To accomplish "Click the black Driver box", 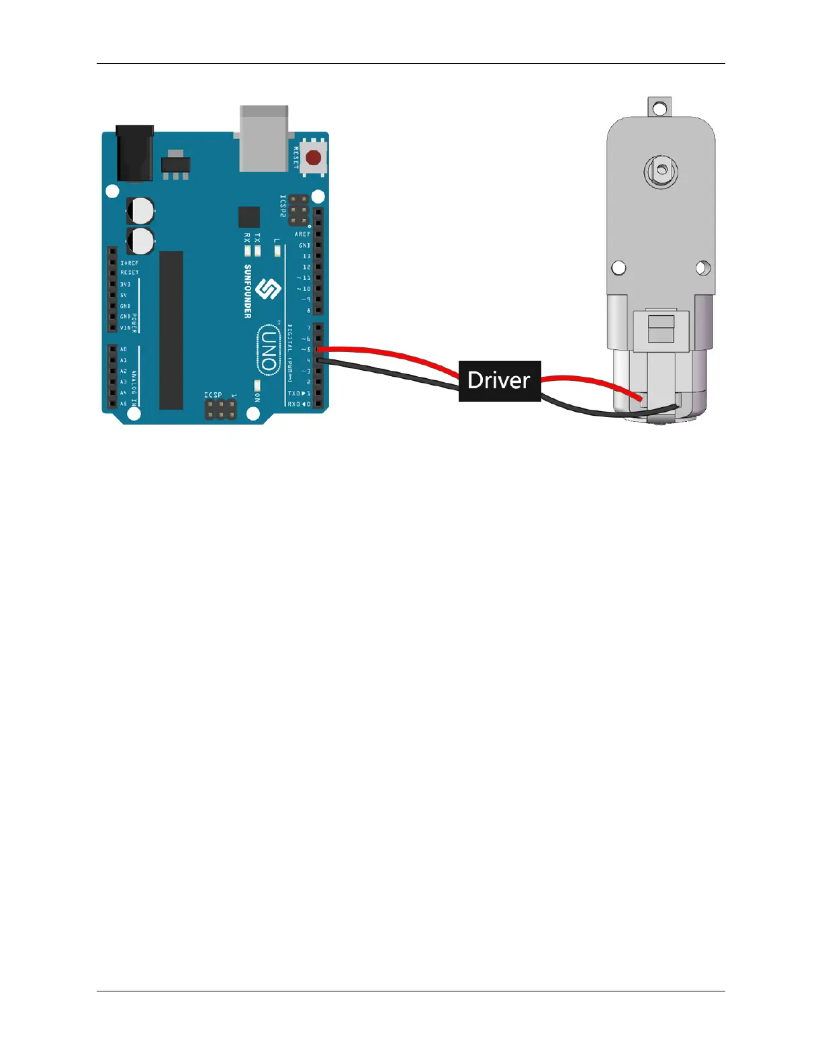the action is click(x=500, y=381).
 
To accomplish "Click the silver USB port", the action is click(x=263, y=138).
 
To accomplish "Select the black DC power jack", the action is click(x=134, y=153).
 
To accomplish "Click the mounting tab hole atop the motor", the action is click(x=659, y=107).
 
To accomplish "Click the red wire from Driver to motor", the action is click(x=591, y=382).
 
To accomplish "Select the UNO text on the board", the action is click(x=268, y=349).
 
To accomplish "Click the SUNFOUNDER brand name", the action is click(x=248, y=291).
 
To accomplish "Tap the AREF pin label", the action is click(x=302, y=234).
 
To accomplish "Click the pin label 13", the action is click(x=307, y=256).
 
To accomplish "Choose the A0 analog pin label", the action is click(x=124, y=349).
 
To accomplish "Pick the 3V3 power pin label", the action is click(x=126, y=284).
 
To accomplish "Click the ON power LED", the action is click(x=257, y=385).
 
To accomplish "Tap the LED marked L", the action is click(x=278, y=251).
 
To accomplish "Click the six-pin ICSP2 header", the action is click(x=299, y=211).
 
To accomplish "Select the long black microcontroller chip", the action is click(x=171, y=330).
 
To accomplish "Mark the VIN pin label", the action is click(x=126, y=328).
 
